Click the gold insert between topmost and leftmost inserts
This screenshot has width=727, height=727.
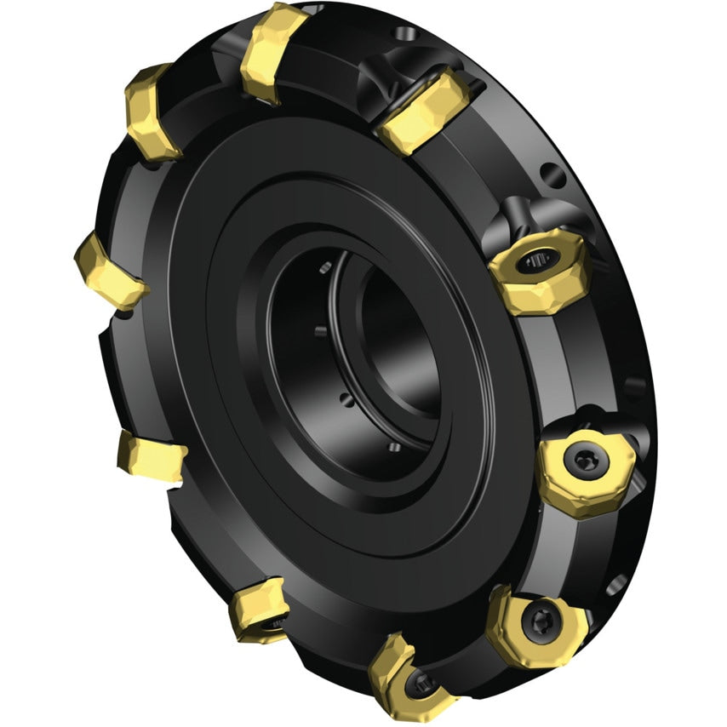pos(153,111)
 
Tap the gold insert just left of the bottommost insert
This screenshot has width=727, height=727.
pos(260,610)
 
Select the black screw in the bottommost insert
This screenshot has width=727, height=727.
pos(424,681)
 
